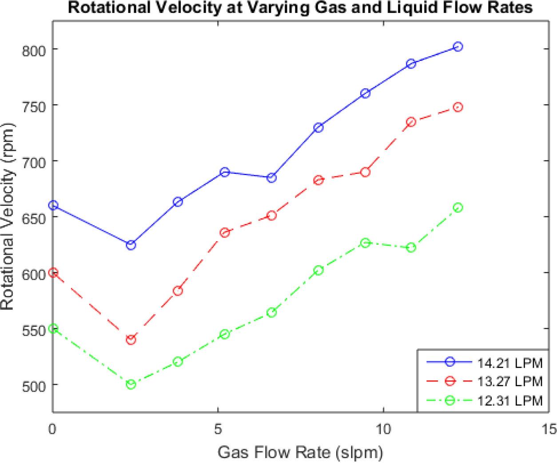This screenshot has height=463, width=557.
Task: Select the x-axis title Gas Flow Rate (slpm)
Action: click(300, 453)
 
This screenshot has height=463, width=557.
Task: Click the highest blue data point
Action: click(458, 47)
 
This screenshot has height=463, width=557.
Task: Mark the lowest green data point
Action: click(131, 385)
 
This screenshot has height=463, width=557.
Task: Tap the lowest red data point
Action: click(131, 340)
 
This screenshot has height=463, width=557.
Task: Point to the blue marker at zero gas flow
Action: click(53, 205)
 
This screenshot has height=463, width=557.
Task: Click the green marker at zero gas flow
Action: click(53, 329)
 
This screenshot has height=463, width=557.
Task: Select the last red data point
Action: click(458, 107)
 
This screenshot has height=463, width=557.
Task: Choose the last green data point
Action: click(458, 208)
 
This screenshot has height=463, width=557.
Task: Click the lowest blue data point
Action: click(131, 245)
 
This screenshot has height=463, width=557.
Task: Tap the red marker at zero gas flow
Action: click(53, 273)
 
